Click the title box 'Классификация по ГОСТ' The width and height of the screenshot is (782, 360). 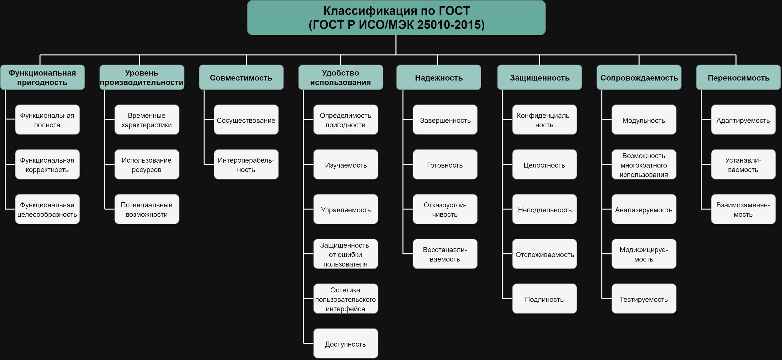[396, 18]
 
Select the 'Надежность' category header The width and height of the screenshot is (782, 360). [439, 78]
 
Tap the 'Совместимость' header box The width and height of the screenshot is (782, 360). [241, 78]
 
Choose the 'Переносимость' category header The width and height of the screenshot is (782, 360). [738, 78]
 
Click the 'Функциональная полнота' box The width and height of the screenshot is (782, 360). [47, 120]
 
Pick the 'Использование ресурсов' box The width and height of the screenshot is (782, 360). [147, 165]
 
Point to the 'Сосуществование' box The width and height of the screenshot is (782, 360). [246, 120]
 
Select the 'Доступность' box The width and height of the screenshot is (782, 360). [346, 344]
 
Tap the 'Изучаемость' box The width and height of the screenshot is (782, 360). [346, 165]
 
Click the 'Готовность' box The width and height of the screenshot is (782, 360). [445, 165]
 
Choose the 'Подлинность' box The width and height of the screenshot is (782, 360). [544, 299]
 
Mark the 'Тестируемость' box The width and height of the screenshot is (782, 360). [644, 299]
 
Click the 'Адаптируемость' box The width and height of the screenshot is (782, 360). [743, 120]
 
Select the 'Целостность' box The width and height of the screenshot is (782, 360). [544, 165]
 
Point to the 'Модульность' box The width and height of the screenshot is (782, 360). [644, 120]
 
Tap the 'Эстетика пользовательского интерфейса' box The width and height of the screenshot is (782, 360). [346, 299]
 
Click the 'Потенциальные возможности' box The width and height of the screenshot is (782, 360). [147, 209]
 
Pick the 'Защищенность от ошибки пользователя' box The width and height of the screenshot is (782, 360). [346, 254]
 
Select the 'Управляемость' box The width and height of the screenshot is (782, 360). [346, 210]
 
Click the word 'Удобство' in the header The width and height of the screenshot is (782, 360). [340, 73]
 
